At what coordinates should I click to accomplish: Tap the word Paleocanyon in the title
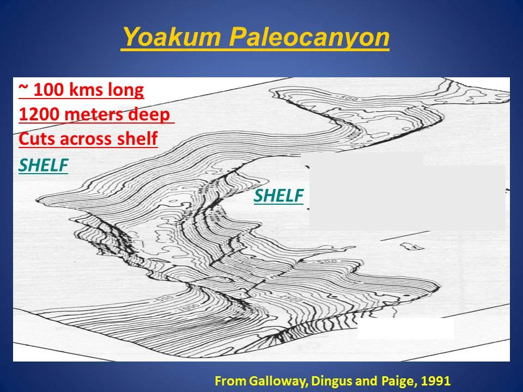pos(309,38)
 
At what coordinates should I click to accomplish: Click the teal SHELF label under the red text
pos(43,166)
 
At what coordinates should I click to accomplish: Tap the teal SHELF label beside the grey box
pos(278,196)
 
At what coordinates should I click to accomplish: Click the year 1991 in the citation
pos(434,381)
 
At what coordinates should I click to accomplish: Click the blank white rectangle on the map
pos(405,328)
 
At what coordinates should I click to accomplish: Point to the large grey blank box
pos(406,196)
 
